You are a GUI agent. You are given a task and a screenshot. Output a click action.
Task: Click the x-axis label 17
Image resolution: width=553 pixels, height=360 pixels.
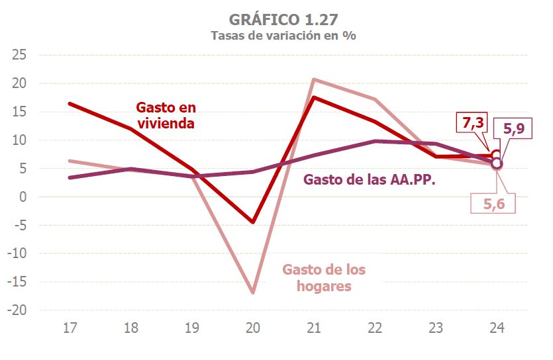point(70,328)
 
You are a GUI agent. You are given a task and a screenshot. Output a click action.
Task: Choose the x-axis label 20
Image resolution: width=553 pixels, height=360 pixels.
point(252,328)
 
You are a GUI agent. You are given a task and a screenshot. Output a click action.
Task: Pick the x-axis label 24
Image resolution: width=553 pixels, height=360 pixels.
point(497,328)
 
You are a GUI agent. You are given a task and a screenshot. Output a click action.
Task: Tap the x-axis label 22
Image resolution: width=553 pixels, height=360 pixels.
point(375,328)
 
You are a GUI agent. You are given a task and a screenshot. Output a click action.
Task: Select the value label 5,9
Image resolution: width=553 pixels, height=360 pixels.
point(514,130)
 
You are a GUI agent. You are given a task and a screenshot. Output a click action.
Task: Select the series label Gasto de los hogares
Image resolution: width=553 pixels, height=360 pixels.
point(324,278)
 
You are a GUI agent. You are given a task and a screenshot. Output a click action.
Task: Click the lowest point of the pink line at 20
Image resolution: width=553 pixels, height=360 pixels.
point(253,292)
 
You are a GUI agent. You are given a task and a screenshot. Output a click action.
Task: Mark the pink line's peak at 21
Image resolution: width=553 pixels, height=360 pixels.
point(314,80)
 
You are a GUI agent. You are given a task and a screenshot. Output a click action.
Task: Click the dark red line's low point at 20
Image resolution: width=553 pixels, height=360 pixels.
point(253,222)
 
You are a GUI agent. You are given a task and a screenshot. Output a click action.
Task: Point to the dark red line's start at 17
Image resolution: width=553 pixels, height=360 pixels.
point(70,104)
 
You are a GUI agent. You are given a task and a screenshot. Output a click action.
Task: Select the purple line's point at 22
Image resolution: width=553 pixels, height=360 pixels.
point(375,141)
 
